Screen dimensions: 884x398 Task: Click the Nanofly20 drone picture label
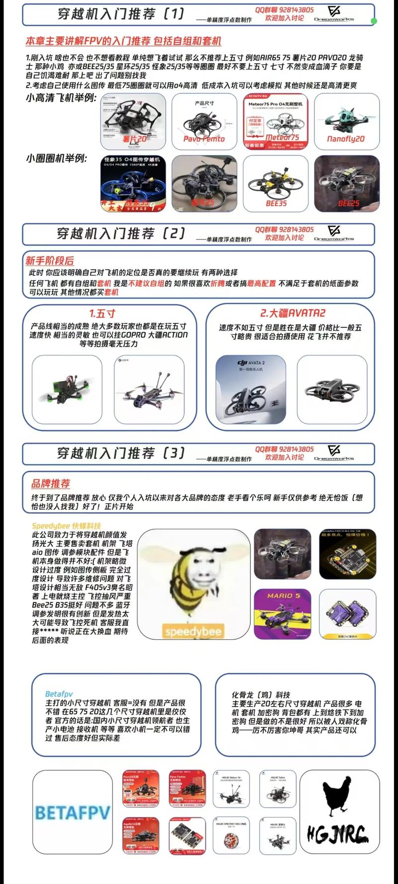346,139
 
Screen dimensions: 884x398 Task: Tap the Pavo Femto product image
204,121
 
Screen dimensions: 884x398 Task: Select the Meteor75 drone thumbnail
276,121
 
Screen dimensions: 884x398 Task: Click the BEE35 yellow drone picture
276,183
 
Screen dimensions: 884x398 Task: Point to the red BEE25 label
348,203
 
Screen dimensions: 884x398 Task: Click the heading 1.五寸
102,313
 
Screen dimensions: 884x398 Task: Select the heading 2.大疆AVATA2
293,313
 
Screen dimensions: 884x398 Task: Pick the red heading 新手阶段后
50,261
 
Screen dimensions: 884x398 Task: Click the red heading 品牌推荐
51,483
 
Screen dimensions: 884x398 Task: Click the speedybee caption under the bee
194,631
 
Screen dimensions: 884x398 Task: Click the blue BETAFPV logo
73,813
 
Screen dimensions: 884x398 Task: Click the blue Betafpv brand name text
59,694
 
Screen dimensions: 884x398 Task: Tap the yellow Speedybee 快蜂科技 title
66,526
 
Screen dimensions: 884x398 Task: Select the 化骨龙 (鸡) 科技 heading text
261,695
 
